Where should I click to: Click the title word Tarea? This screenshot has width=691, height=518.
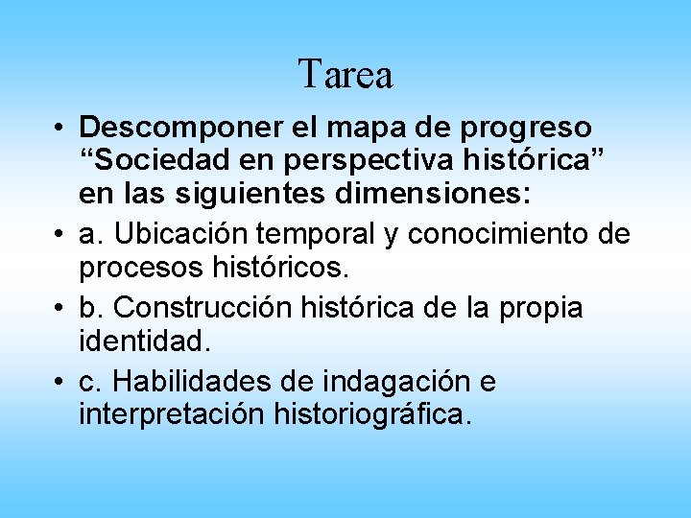(345, 74)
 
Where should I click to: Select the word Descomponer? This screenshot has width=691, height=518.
(177, 128)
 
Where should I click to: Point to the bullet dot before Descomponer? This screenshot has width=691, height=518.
(60, 129)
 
